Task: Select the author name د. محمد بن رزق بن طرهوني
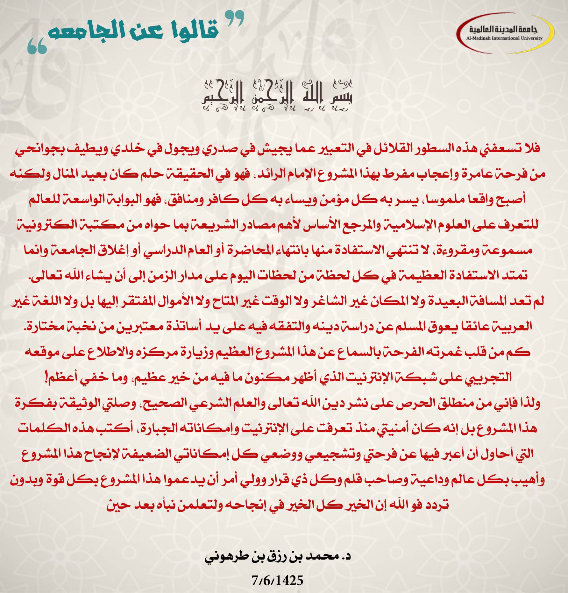point(277,557)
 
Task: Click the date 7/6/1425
point(277,581)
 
